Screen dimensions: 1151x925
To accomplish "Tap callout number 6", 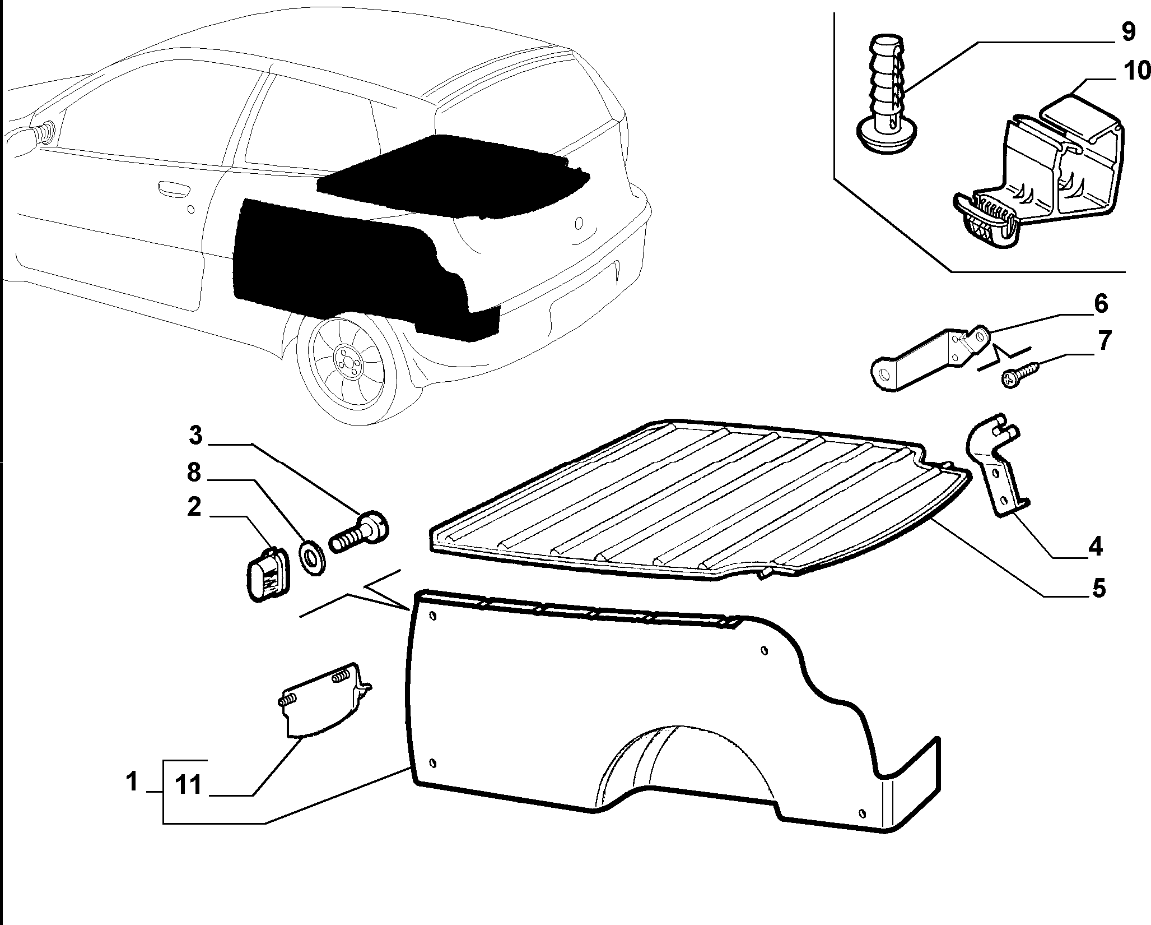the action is [1100, 304].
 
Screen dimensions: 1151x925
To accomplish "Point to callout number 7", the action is [1103, 340].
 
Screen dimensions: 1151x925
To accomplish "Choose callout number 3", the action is [195, 435].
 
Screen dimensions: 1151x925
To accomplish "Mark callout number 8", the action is [193, 473].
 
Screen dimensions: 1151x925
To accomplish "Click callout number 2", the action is [194, 507].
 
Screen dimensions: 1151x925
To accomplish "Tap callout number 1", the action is [132, 781].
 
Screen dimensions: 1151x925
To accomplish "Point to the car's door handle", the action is [173, 188].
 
